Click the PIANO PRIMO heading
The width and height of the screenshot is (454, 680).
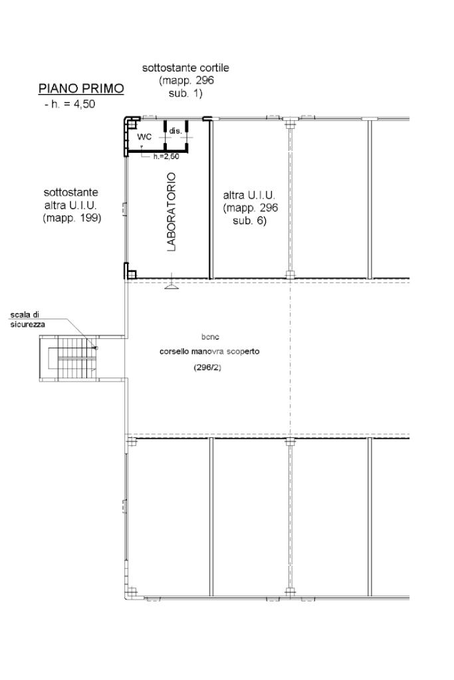81,88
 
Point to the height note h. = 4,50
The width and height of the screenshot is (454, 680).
70,104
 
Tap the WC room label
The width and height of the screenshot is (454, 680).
144,137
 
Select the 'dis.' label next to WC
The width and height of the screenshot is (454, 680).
175,130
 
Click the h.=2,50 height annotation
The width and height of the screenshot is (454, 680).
166,157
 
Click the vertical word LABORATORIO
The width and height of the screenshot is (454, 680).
171,212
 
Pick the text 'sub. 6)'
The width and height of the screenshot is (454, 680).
249,221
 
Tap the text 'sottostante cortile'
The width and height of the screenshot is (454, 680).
185,68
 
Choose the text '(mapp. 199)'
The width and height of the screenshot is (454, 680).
72,218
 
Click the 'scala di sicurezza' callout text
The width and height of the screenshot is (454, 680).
28,320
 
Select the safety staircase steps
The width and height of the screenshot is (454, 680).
74,359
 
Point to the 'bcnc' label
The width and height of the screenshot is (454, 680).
210,336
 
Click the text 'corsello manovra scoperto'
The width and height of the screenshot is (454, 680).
209,351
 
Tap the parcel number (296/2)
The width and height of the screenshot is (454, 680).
207,368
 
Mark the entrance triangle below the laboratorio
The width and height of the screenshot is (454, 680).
172,285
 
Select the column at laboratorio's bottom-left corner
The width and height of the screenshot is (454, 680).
131,274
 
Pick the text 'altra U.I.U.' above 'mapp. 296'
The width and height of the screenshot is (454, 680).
249,195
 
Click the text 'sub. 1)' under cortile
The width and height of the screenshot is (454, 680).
185,93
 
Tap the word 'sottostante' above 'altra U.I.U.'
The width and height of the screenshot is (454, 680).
70,192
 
